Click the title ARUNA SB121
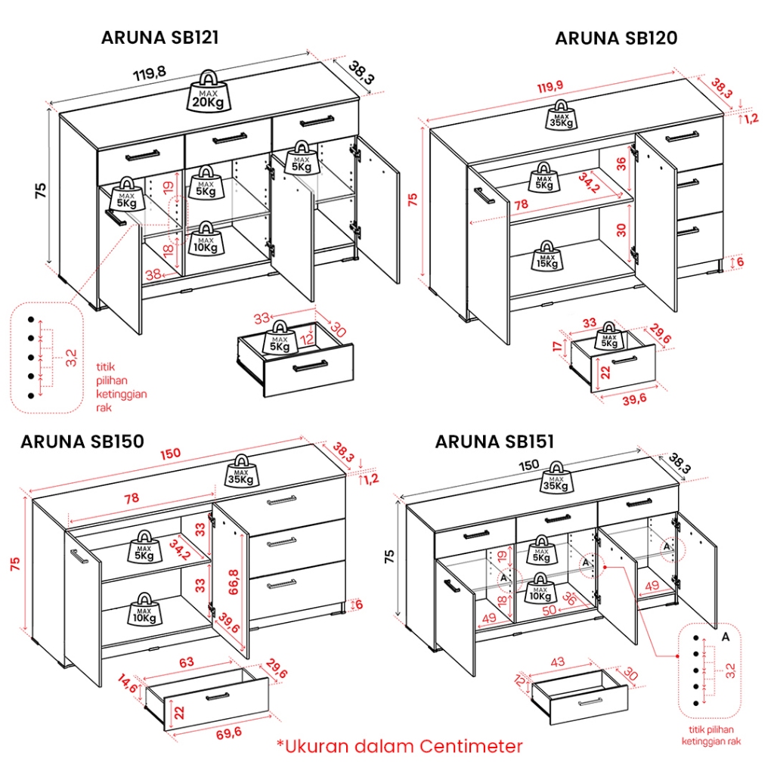[160, 38]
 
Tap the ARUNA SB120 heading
[616, 38]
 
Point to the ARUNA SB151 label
[494, 441]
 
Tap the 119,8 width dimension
[150, 74]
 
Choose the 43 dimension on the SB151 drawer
[558, 662]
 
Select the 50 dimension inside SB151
[550, 608]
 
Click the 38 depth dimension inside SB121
[153, 275]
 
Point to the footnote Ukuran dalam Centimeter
[399, 747]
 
